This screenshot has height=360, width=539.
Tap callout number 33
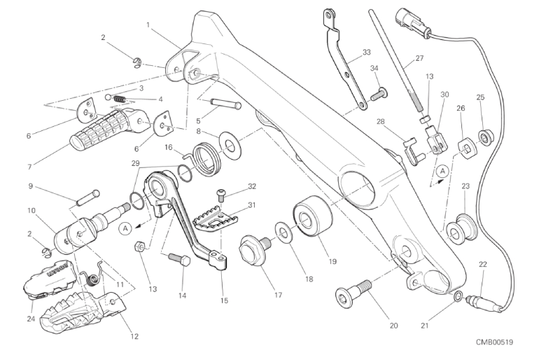click(x=367, y=52)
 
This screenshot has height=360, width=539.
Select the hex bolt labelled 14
click(x=176, y=261)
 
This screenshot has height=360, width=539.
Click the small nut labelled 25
click(x=483, y=134)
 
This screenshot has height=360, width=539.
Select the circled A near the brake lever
click(x=124, y=227)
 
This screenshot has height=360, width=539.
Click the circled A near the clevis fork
click(x=442, y=170)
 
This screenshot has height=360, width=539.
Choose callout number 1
click(x=148, y=25)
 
